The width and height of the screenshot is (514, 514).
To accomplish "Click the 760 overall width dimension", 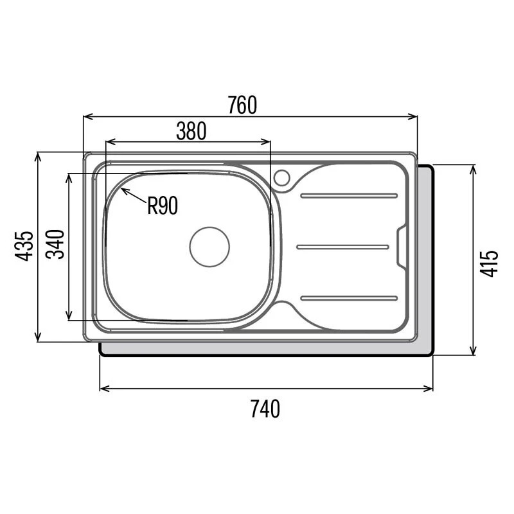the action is click(x=242, y=105).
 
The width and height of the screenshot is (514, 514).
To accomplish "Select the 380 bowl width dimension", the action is click(x=191, y=131).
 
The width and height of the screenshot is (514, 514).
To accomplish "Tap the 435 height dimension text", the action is click(x=24, y=246).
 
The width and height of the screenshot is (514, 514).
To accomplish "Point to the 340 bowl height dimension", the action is click(x=55, y=245).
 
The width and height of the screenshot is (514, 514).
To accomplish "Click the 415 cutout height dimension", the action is click(x=489, y=263).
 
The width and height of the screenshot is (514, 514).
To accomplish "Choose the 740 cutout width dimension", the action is click(x=265, y=409).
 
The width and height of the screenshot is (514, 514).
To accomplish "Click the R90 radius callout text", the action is click(x=163, y=206).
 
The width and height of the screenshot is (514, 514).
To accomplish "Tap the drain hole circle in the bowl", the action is click(x=209, y=247).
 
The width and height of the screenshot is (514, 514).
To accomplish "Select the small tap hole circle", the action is click(x=282, y=178).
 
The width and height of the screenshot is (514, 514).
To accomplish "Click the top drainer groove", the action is click(x=349, y=196).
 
